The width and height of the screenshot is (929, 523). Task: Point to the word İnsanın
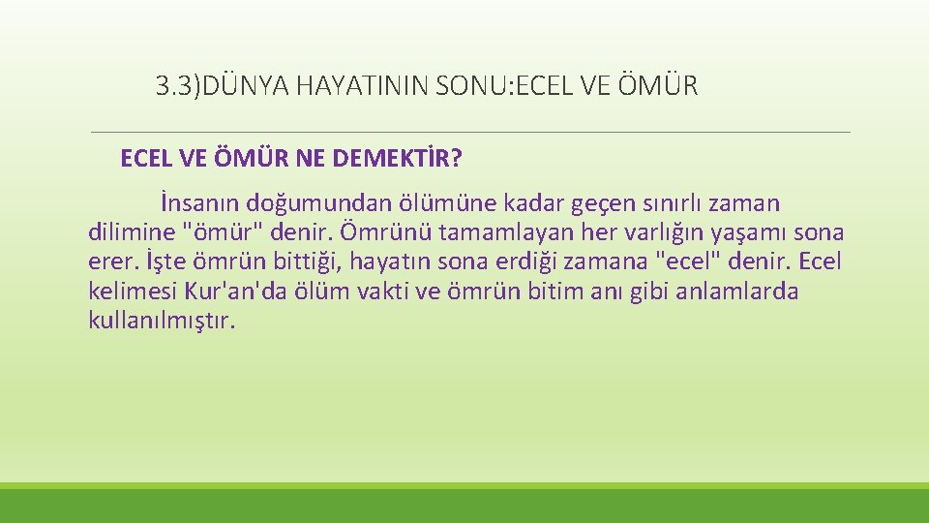point(200,204)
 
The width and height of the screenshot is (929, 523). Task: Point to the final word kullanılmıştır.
point(162,321)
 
